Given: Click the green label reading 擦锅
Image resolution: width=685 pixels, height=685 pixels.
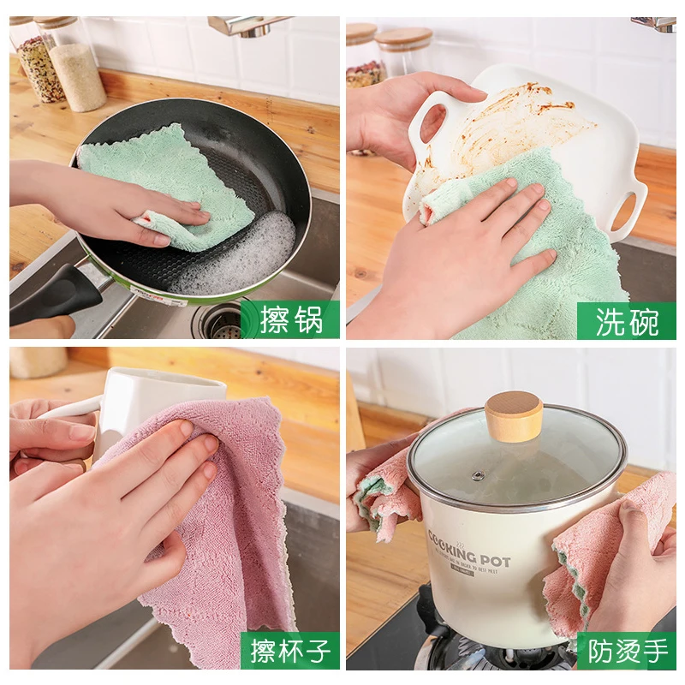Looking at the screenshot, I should click(x=290, y=319).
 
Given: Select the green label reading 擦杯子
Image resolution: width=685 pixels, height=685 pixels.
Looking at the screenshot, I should click(x=290, y=651).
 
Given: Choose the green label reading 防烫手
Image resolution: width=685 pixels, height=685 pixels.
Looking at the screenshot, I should click(x=626, y=651).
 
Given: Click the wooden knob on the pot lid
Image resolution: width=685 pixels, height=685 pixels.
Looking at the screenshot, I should click(x=514, y=415).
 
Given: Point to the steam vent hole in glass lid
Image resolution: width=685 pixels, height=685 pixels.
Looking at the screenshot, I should click(x=478, y=475).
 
